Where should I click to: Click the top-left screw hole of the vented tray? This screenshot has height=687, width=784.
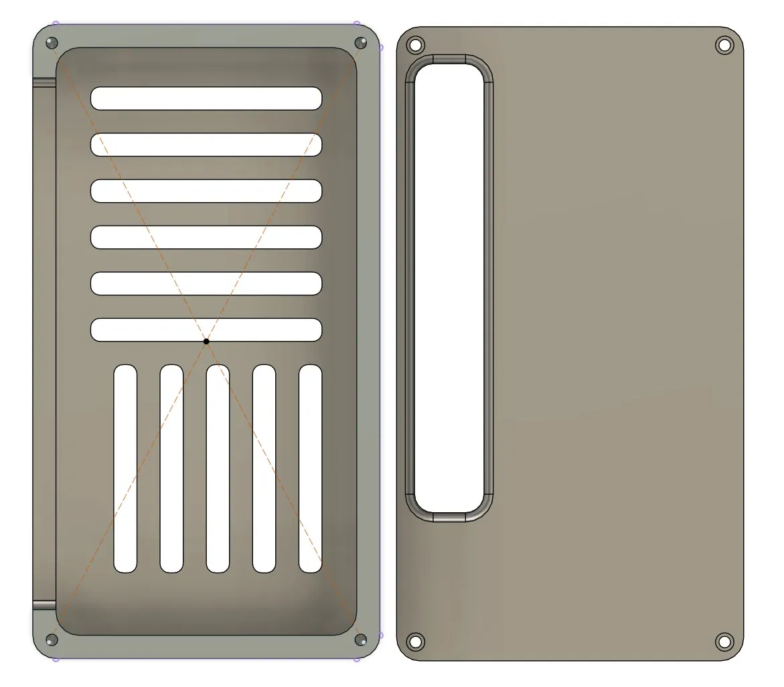[x=52, y=44]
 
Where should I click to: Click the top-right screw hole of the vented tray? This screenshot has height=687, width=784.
[x=360, y=44]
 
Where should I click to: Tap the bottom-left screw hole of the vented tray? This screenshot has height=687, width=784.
[x=52, y=639]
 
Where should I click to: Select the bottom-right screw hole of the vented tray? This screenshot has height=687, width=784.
[x=360, y=639]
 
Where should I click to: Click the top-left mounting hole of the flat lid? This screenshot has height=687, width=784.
[x=415, y=46]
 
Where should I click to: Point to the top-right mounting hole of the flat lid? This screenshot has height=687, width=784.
[x=724, y=46]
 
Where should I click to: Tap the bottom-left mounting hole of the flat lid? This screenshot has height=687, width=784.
[x=415, y=641]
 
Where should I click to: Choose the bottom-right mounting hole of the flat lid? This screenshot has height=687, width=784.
[x=724, y=641]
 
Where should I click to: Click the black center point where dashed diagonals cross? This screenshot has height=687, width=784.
[x=206, y=341]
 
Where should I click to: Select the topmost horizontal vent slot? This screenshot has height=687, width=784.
[x=206, y=98]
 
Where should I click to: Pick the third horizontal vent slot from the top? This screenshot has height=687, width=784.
[x=206, y=191]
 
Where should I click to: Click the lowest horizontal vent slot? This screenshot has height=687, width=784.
[x=206, y=329]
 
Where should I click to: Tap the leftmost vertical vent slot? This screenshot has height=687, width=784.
[x=125, y=469]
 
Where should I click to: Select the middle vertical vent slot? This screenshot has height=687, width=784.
[x=218, y=469]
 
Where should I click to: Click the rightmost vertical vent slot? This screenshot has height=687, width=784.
[x=310, y=469]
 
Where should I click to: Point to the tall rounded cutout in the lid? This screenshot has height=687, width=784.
[x=449, y=288]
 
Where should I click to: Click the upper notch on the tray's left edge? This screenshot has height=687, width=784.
[x=45, y=82]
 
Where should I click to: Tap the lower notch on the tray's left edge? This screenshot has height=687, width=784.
[x=45, y=605]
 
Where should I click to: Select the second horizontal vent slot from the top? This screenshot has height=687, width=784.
[x=206, y=145]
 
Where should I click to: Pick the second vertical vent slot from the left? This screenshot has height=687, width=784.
[x=171, y=469]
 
